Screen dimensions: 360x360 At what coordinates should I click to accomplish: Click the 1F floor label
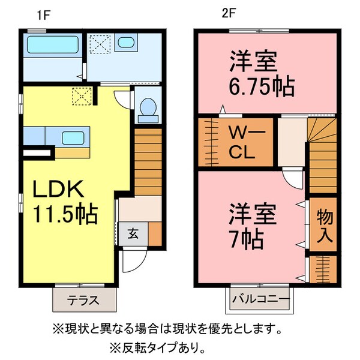point(43,16)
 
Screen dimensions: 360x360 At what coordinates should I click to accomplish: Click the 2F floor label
point(229,14)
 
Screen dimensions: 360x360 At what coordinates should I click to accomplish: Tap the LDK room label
point(58,189)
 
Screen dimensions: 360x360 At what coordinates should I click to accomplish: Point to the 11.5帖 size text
point(65,214)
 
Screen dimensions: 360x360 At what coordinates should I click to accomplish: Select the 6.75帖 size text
point(262,86)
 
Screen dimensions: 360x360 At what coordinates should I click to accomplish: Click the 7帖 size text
point(247,239)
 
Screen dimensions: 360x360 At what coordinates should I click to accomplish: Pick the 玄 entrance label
point(133,234)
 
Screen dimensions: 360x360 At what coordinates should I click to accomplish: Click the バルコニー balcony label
point(261,299)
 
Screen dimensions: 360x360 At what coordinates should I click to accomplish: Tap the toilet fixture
point(148,110)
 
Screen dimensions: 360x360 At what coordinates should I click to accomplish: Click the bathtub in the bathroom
point(53,45)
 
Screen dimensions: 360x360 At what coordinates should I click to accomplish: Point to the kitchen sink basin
point(73,138)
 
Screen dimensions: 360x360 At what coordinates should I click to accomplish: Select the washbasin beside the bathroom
point(126,42)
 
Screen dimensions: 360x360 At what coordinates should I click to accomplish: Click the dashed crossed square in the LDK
point(82,96)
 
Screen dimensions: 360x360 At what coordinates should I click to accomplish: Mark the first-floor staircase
point(148,162)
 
